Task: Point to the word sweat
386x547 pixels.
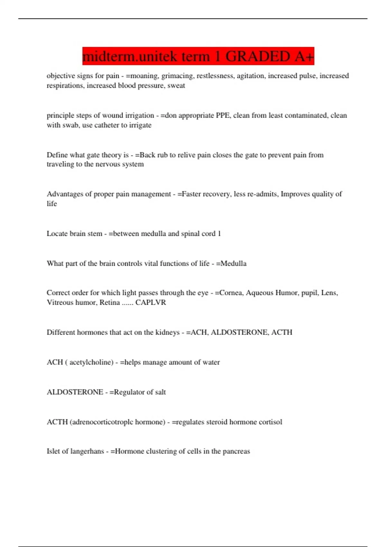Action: (x=176, y=86)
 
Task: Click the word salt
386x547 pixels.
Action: (x=160, y=392)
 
